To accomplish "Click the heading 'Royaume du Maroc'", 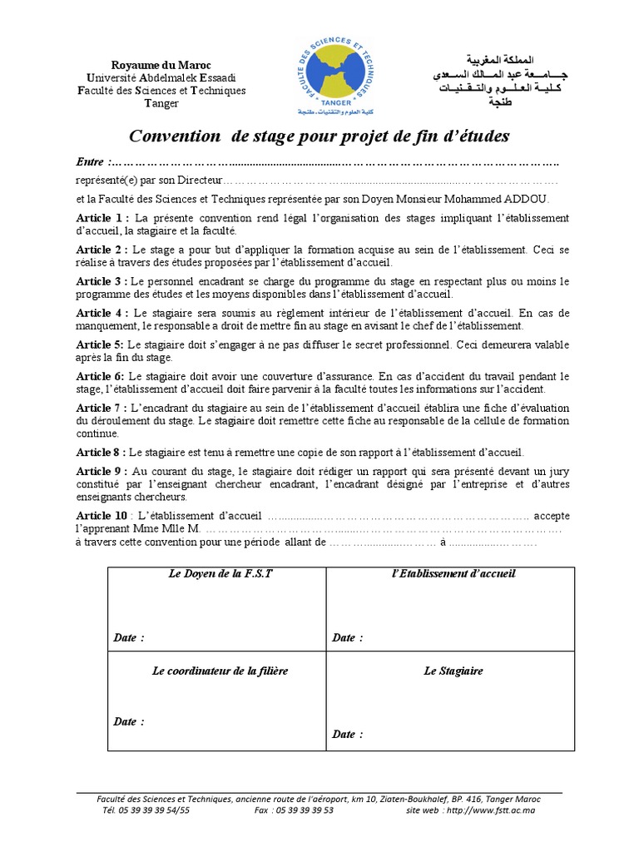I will pyautogui.click(x=162, y=66).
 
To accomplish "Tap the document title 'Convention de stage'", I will pyautogui.click(x=318, y=136).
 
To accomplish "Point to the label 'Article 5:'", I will pyautogui.click(x=100, y=344).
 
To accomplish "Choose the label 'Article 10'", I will pyautogui.click(x=102, y=516).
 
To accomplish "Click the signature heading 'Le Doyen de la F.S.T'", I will pyautogui.click(x=216, y=574).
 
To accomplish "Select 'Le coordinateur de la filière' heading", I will pyautogui.click(x=220, y=671).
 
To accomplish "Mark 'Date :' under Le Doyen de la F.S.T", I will pyautogui.click(x=129, y=638).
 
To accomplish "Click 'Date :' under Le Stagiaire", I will pyautogui.click(x=348, y=735).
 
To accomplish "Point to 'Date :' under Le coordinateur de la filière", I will pyautogui.click(x=129, y=721).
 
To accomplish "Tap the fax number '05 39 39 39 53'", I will pyautogui.click(x=304, y=809).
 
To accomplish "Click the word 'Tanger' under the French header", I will pyautogui.click(x=161, y=103).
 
